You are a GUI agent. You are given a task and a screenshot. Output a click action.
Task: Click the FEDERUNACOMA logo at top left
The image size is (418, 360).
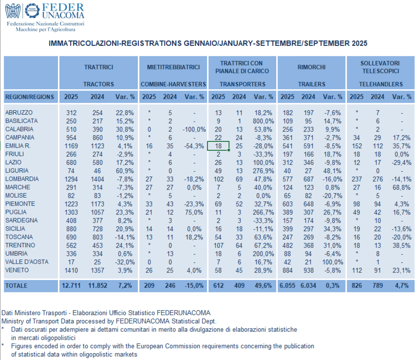(x=45, y=16)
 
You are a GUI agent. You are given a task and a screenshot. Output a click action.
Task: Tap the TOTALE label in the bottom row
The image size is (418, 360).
(x=16, y=286)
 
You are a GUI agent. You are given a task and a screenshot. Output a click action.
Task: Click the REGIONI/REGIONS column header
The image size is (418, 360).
(x=30, y=97)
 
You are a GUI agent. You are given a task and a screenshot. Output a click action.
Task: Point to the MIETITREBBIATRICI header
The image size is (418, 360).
(x=173, y=67)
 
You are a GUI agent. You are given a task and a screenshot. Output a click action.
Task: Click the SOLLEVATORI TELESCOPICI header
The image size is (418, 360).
(x=380, y=67)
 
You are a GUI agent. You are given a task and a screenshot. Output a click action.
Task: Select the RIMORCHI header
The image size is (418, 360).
(x=311, y=67)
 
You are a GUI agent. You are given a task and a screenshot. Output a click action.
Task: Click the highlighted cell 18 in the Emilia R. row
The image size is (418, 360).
(x=218, y=146)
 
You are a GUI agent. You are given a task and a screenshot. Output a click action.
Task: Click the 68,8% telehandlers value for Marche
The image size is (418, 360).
(x=401, y=187)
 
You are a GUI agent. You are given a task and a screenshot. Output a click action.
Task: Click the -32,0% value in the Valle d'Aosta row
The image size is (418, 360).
(x=125, y=262)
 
